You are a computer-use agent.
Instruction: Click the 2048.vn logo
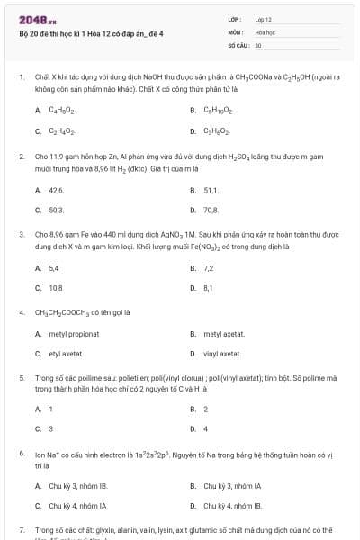pyautogui.click(x=33, y=19)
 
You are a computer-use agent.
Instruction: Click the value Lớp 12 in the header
pyautogui.click(x=263, y=18)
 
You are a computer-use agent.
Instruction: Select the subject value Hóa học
pyautogui.click(x=265, y=31)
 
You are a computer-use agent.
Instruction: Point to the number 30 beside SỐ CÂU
pyautogui.click(x=258, y=43)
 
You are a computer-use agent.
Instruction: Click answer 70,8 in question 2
pyautogui.click(x=211, y=210)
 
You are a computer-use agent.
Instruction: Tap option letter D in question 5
pyautogui.click(x=193, y=428)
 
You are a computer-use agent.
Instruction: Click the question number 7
pyautogui.click(x=22, y=531)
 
